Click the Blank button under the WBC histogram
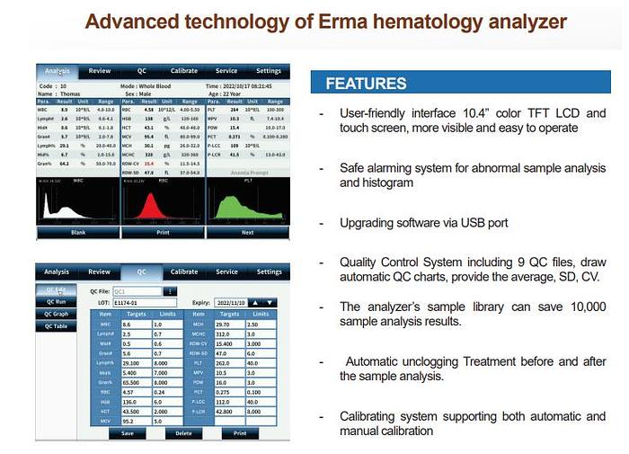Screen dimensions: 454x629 tap(78, 231)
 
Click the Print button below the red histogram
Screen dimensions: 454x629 tap(163, 231)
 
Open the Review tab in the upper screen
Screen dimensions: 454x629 tap(100, 71)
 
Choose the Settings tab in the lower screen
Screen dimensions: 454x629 tap(269, 272)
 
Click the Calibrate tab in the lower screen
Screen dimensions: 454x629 tap(184, 272)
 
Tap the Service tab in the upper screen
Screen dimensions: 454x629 tap(226, 71)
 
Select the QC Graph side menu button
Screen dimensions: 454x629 tap(57, 315)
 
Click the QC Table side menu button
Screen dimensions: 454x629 tap(57, 327)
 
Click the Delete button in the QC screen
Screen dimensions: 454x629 tap(183, 432)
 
